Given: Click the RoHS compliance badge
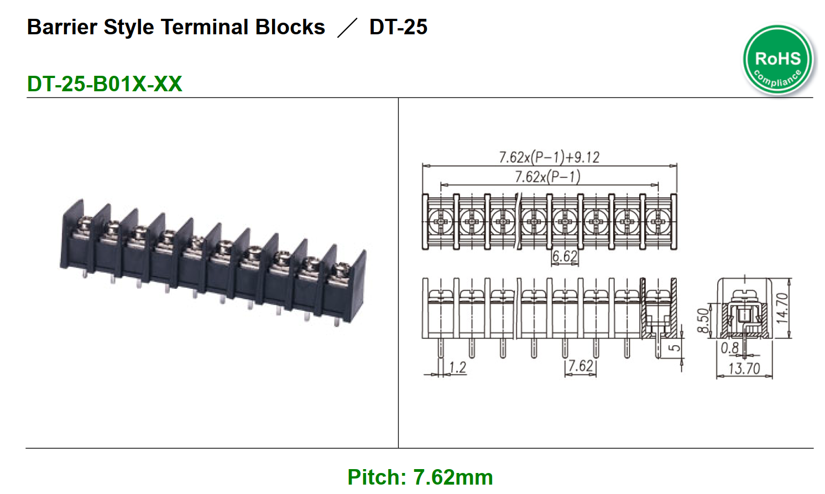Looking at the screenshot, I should (x=778, y=59).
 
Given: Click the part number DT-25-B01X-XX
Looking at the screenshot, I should (x=105, y=84).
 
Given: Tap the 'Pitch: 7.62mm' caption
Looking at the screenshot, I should (x=420, y=477).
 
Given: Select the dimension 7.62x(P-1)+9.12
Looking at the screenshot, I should (x=549, y=157).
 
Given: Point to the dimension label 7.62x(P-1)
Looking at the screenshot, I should (x=547, y=176).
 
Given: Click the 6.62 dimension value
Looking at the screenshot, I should (x=565, y=256).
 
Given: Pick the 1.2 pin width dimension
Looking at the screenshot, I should (x=457, y=367).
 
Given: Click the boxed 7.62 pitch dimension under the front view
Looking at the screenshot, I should (x=581, y=366).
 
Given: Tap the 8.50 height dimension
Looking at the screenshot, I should (x=702, y=320).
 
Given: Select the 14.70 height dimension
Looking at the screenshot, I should (x=781, y=308).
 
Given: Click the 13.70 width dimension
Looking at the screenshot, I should (x=744, y=368).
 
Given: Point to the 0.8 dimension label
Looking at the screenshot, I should (x=729, y=348).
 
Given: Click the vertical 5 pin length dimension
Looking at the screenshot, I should (x=675, y=348).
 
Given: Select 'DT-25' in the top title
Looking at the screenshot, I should (x=398, y=27).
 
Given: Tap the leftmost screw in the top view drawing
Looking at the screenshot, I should (x=441, y=222).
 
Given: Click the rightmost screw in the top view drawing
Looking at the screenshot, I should (x=658, y=222).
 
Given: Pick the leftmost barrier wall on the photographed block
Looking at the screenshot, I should (x=72, y=235).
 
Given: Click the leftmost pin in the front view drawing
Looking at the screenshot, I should (x=441, y=349).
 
